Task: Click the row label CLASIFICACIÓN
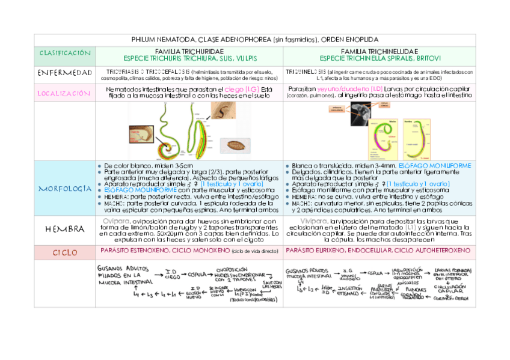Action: click(x=64, y=53)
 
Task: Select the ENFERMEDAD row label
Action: click(x=64, y=73)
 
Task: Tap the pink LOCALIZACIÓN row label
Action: click(x=64, y=93)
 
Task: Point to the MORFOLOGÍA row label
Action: click(x=64, y=188)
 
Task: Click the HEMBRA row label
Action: click(x=64, y=230)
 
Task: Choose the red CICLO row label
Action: click(x=64, y=252)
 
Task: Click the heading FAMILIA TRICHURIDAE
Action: click(x=189, y=51)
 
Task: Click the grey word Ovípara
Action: click(x=115, y=221)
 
